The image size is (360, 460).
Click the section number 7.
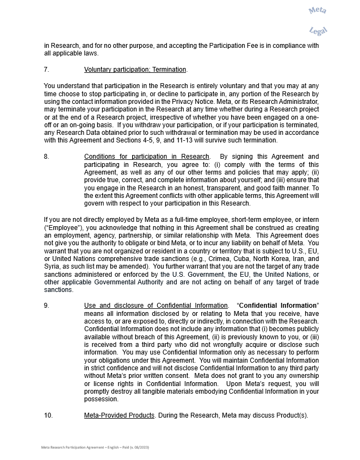point(46,70)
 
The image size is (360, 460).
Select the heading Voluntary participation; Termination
point(135,70)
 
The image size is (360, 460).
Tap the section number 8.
point(46,157)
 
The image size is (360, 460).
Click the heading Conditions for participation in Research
point(146,157)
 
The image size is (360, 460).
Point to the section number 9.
point(46,306)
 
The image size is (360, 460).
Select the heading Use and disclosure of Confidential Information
point(156,306)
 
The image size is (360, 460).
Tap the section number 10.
point(48,415)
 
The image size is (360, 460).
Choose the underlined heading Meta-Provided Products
point(119,415)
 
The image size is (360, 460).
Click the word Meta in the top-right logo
point(317,10)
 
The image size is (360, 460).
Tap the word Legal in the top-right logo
point(318,31)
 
